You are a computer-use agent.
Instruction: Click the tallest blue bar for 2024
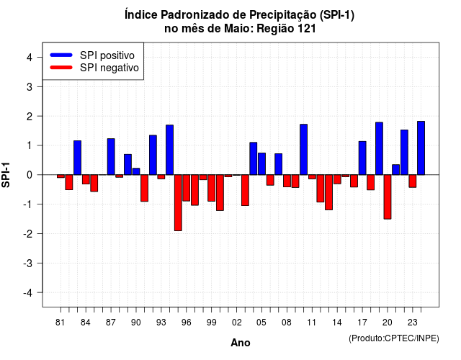point(421,148)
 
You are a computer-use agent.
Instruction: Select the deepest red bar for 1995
point(178,203)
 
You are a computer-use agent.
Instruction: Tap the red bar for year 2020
point(388,197)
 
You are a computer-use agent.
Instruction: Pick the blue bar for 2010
point(304,150)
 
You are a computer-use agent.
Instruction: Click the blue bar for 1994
point(170,150)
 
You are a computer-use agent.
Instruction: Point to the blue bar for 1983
point(77,158)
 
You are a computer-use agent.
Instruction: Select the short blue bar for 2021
point(395,170)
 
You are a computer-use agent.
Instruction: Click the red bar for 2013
point(328,192)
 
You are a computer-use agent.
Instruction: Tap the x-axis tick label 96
point(187,323)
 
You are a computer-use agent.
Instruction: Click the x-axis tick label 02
point(237,323)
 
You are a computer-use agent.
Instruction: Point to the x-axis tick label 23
point(413,323)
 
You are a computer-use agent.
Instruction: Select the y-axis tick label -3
point(27,264)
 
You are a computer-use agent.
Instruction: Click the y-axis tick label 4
point(30,58)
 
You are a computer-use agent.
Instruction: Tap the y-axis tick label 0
point(30,175)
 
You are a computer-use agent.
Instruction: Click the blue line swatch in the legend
point(61,55)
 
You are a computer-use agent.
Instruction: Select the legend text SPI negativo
point(109,68)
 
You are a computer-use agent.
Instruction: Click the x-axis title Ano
point(241,343)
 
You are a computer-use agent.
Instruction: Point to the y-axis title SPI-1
point(6,175)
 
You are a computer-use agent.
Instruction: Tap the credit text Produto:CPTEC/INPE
point(394,338)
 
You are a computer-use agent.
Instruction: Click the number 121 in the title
point(307,29)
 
